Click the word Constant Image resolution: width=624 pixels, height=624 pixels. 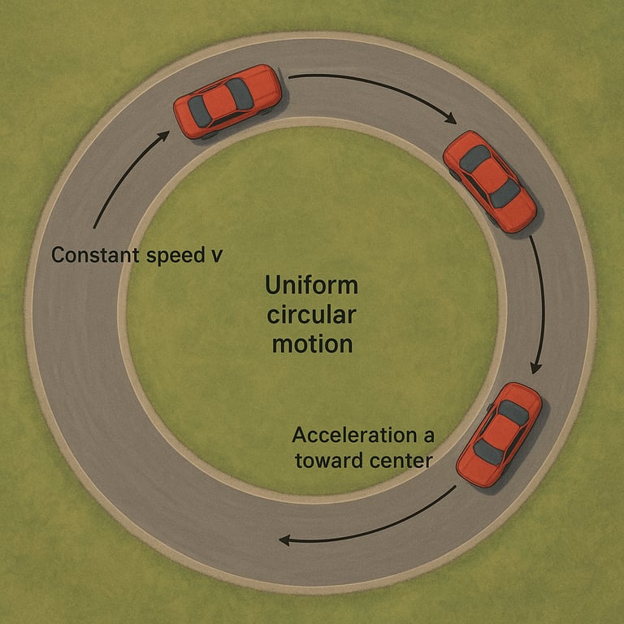coord(91,255)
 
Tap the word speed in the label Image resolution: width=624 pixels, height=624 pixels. coord(174,255)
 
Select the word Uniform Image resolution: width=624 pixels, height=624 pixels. coord(311,287)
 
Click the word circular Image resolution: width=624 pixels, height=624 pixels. coord(311,315)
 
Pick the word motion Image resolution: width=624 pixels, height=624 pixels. coord(312,344)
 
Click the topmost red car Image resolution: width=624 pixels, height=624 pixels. coord(228,101)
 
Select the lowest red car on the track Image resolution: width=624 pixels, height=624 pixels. coord(499,434)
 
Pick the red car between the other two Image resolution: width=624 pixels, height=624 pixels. coord(489,181)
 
